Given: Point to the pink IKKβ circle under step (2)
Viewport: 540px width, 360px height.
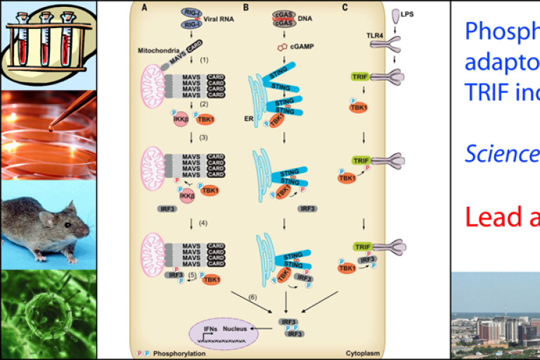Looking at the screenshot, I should (158, 119).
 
